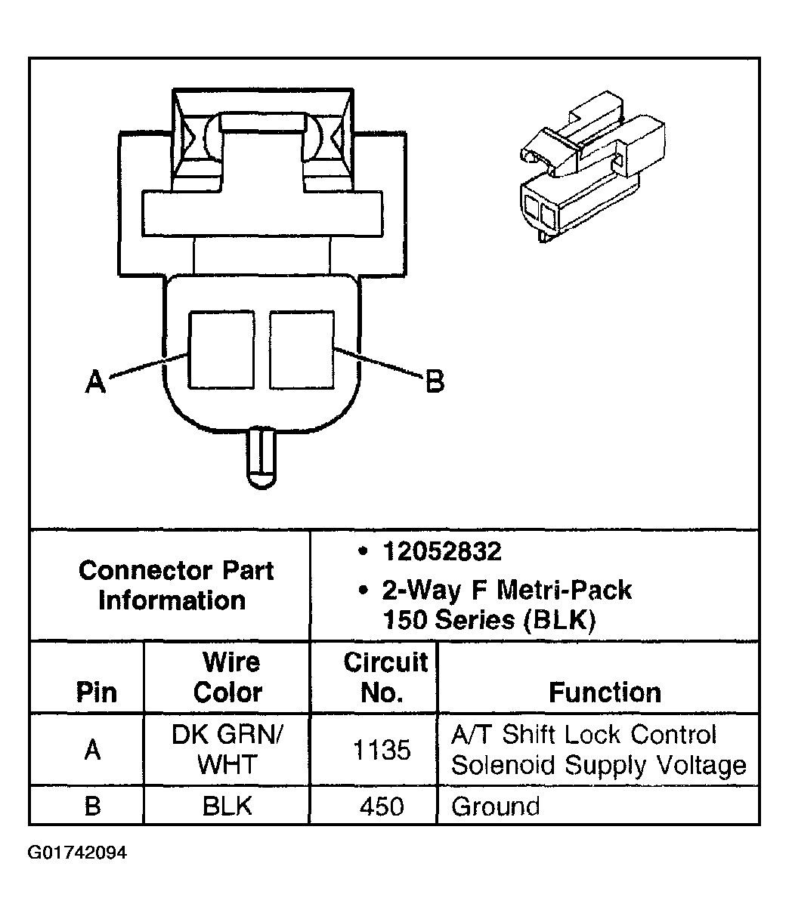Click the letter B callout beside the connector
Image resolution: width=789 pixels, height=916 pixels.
click(x=435, y=381)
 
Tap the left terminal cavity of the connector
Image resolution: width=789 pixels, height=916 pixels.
click(x=221, y=350)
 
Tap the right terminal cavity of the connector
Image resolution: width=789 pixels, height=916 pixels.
click(x=302, y=350)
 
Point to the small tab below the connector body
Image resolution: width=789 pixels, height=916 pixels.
click(x=261, y=457)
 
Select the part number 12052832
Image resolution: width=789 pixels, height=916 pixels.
click(x=441, y=552)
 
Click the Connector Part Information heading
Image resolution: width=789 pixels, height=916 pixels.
click(x=175, y=585)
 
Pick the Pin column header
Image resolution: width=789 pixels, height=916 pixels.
click(x=97, y=692)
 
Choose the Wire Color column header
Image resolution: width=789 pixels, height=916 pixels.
click(x=230, y=677)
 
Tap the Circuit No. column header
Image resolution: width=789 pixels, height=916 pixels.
click(x=385, y=677)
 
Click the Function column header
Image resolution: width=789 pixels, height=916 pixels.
click(x=605, y=692)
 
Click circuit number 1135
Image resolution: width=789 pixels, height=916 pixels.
click(x=382, y=750)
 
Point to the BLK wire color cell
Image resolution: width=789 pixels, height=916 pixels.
click(x=227, y=806)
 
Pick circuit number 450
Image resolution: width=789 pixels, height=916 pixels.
click(x=382, y=807)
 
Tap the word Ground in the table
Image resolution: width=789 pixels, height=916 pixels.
click(x=496, y=807)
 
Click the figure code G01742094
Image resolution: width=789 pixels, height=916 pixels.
click(x=78, y=853)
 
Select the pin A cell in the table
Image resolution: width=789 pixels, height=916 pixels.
click(x=93, y=750)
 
